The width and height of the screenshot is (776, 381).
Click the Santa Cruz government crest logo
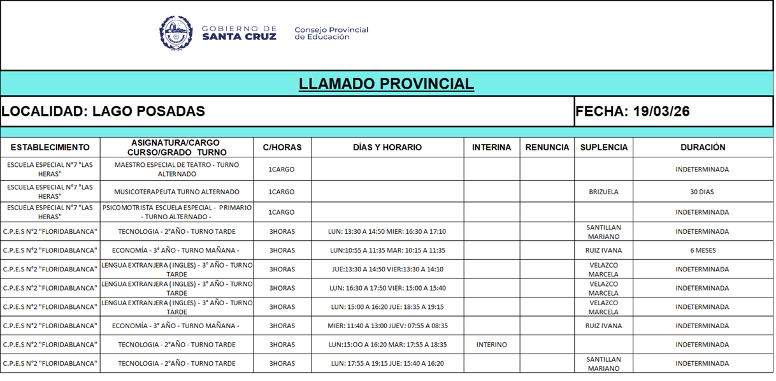tap(176, 33)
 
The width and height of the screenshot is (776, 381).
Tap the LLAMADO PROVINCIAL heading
tap(386, 83)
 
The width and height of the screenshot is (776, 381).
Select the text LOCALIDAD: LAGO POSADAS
tap(103, 111)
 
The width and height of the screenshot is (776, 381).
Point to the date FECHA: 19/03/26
tap(632, 111)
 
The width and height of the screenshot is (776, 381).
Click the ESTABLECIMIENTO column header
tap(50, 147)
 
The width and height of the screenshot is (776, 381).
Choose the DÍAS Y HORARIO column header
tap(387, 147)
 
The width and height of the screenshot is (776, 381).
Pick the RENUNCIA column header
tap(547, 147)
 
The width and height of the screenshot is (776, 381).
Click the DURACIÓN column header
tap(702, 147)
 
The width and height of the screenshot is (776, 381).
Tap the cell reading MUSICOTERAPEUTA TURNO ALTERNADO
tap(176, 192)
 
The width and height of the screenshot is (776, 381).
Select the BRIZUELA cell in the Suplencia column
tap(603, 192)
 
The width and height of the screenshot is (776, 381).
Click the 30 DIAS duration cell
tap(702, 192)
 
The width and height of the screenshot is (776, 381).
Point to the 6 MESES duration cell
tap(702, 250)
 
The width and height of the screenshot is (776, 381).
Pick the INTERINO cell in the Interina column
tap(491, 345)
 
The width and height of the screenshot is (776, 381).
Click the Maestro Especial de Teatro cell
tap(176, 169)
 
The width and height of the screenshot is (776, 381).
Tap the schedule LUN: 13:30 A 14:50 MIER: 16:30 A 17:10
tap(387, 231)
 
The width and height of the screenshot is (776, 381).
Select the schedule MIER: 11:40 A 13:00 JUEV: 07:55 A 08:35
tap(387, 326)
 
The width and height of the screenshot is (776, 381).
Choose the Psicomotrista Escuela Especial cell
tap(176, 212)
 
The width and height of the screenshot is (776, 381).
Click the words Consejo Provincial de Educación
tap(331, 33)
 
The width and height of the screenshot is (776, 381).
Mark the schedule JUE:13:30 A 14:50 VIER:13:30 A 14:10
tap(387, 269)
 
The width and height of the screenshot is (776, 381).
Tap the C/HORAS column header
tap(282, 147)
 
